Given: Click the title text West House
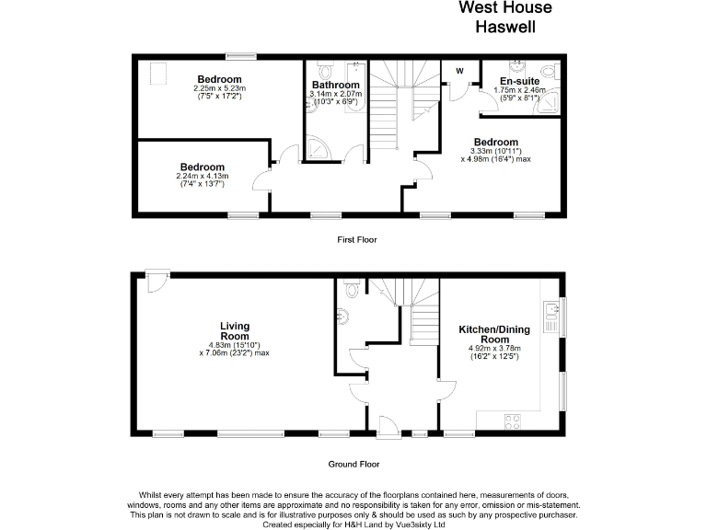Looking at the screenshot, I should (505, 8).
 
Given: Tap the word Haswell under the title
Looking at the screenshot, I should (505, 27).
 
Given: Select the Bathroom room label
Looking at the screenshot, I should (335, 85).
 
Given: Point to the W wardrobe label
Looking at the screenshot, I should (458, 72).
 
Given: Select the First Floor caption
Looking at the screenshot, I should (356, 239).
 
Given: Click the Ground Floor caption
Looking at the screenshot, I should (353, 464).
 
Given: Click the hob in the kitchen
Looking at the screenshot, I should (513, 422).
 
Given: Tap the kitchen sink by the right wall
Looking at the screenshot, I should (552, 317).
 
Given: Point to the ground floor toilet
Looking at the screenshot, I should (347, 289).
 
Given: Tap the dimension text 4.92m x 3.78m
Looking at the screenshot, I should (496, 348).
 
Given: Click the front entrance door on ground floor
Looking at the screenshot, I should (388, 424).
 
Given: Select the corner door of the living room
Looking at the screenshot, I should (155, 280).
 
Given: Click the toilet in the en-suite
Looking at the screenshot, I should (549, 74).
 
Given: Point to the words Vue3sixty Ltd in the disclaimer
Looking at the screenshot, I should (419, 524).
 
